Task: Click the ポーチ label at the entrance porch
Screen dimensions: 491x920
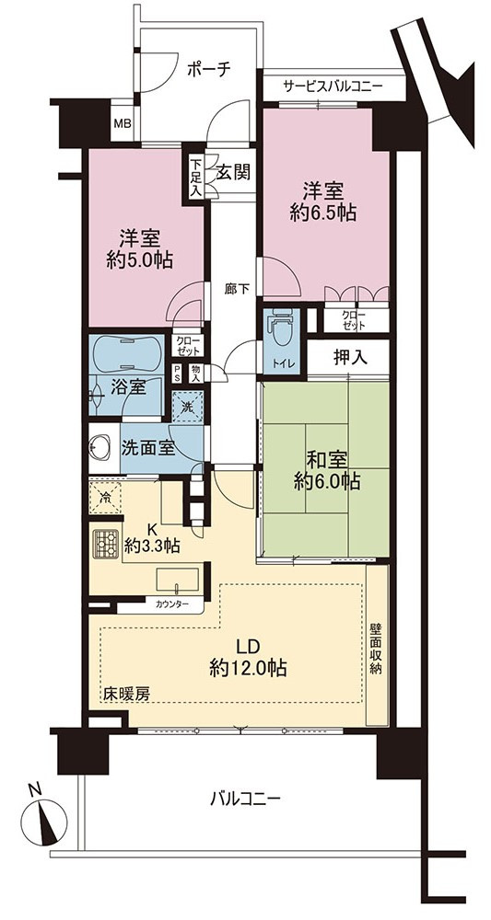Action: (208, 70)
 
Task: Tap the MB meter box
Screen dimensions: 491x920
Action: (123, 124)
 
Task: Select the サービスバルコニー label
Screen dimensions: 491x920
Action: (333, 86)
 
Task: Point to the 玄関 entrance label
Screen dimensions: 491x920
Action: (233, 172)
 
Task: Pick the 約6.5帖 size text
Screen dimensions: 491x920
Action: (322, 213)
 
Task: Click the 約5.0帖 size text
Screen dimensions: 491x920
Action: (139, 260)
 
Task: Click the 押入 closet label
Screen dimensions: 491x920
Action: (351, 358)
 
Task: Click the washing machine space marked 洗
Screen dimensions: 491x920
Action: (187, 406)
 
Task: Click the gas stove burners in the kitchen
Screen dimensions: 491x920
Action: (106, 545)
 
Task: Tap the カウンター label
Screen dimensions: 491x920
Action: (171, 603)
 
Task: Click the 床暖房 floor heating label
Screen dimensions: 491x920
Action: (126, 693)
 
